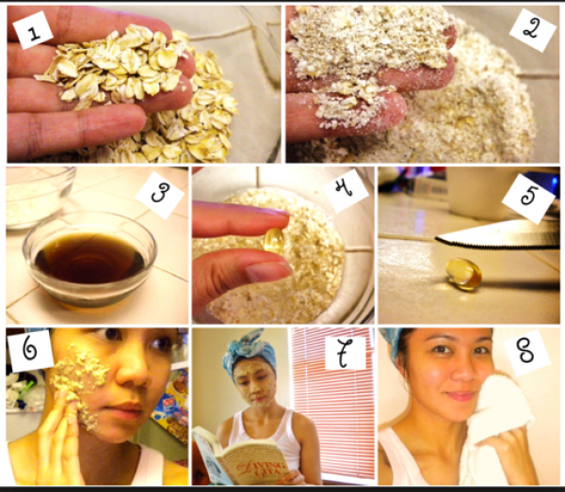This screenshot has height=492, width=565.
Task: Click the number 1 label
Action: [33, 30]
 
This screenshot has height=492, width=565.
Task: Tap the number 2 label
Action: [533, 30]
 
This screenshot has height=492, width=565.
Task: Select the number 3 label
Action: [160, 195]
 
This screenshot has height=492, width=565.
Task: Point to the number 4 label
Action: [346, 191]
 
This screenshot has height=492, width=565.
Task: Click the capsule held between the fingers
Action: [274, 241]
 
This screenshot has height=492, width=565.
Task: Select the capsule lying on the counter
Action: [464, 274]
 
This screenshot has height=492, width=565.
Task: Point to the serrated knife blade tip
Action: [436, 239]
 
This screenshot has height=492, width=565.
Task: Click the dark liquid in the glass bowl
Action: [89, 258]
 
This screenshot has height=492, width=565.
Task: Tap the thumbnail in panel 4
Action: [266, 272]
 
